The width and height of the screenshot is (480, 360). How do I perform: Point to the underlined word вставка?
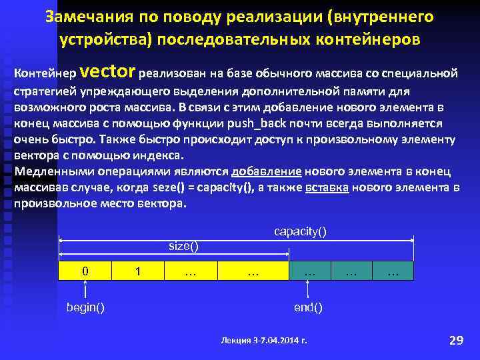(x=327, y=187)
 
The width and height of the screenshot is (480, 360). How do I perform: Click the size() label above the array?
(x=183, y=247)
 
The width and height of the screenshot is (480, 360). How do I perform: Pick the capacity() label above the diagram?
(x=301, y=231)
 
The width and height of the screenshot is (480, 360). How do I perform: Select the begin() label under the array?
(x=85, y=307)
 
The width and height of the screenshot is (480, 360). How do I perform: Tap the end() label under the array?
(x=308, y=307)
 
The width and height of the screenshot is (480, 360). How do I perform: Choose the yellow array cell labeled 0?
(x=85, y=271)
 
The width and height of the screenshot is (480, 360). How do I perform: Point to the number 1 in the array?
(x=137, y=271)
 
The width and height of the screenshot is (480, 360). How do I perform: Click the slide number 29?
(x=456, y=340)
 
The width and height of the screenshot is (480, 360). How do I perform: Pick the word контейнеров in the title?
(x=361, y=39)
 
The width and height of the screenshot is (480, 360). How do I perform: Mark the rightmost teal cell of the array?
(x=393, y=271)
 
